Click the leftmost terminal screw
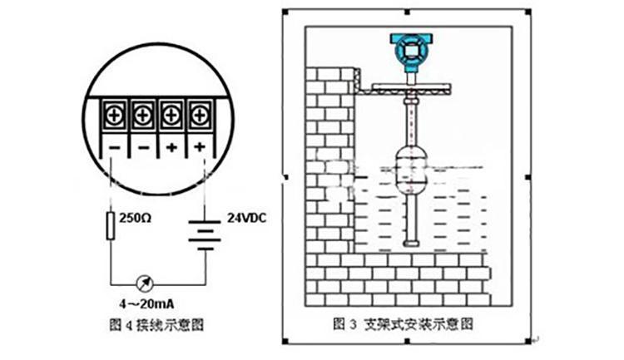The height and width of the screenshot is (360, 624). click(x=113, y=111)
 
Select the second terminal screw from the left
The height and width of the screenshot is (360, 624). click(x=142, y=111)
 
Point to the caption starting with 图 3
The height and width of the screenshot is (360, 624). click(x=406, y=322)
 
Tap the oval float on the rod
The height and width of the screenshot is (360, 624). click(x=410, y=165)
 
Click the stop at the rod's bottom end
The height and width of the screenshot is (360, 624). click(x=410, y=243)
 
